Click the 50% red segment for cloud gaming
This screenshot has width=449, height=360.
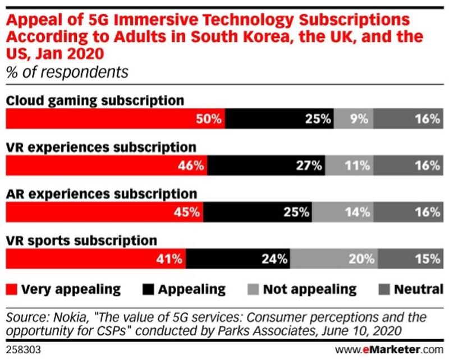pos(115,119)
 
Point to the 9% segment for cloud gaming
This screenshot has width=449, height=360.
pos(353,119)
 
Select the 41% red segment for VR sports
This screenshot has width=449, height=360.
pos(95,259)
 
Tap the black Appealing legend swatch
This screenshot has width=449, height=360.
pos(148,289)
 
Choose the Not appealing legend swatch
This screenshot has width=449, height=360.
pos(253,289)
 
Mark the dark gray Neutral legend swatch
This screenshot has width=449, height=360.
pos(383,289)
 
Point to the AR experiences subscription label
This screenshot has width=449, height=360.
pos(101,194)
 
